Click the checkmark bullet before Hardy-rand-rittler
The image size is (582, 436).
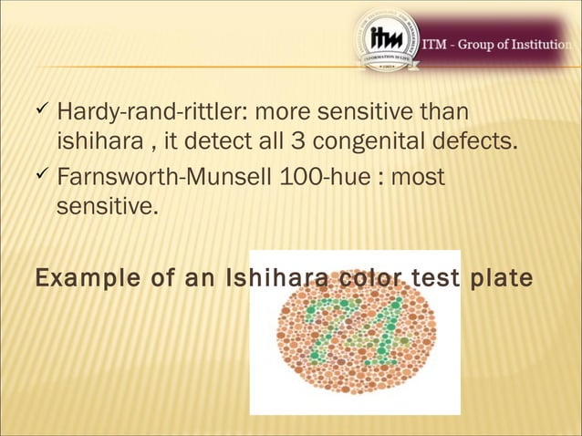41,112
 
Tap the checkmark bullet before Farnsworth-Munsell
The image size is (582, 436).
41,174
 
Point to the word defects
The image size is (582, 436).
481,143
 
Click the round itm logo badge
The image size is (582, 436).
387,40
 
